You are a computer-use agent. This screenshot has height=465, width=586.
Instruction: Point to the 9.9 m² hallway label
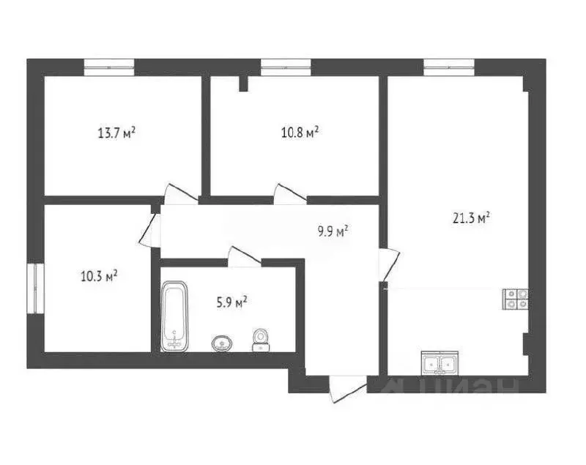coord(332,231)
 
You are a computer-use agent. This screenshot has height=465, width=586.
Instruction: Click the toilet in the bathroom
coord(259,340)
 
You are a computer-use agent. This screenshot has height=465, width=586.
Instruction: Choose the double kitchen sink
coord(439,362)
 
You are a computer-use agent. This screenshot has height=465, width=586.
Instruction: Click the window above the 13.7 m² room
coord(108,67)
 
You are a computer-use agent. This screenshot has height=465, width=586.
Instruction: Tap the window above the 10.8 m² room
coord(286,67)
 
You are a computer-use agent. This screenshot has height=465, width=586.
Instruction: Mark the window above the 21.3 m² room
coord(450,67)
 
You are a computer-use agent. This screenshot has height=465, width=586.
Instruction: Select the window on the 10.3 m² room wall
coord(34,289)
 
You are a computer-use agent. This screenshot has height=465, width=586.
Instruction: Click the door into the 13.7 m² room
coord(178,193)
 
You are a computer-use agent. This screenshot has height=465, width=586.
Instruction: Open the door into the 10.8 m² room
coord(289,194)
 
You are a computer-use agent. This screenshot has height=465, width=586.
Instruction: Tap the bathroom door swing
coord(243,256)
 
